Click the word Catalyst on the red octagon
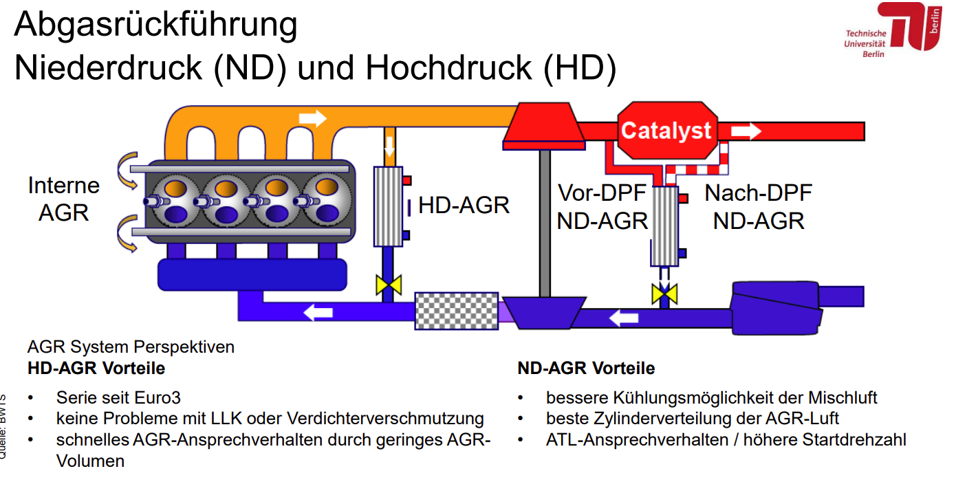point(666,131)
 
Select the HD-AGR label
point(464,205)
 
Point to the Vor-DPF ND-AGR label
point(602,207)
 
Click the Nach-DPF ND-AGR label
point(759,207)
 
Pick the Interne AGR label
point(64,199)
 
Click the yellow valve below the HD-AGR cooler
point(389,285)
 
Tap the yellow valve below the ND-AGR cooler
point(664,294)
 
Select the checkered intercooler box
point(457,311)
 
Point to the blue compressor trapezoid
point(545,313)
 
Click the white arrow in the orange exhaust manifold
point(313,118)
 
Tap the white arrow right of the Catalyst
point(746,131)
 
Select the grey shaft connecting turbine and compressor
point(545,223)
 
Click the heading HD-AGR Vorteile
point(96,368)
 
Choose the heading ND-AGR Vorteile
point(586,368)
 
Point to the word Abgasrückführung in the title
point(155,25)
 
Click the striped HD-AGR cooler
point(388,206)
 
